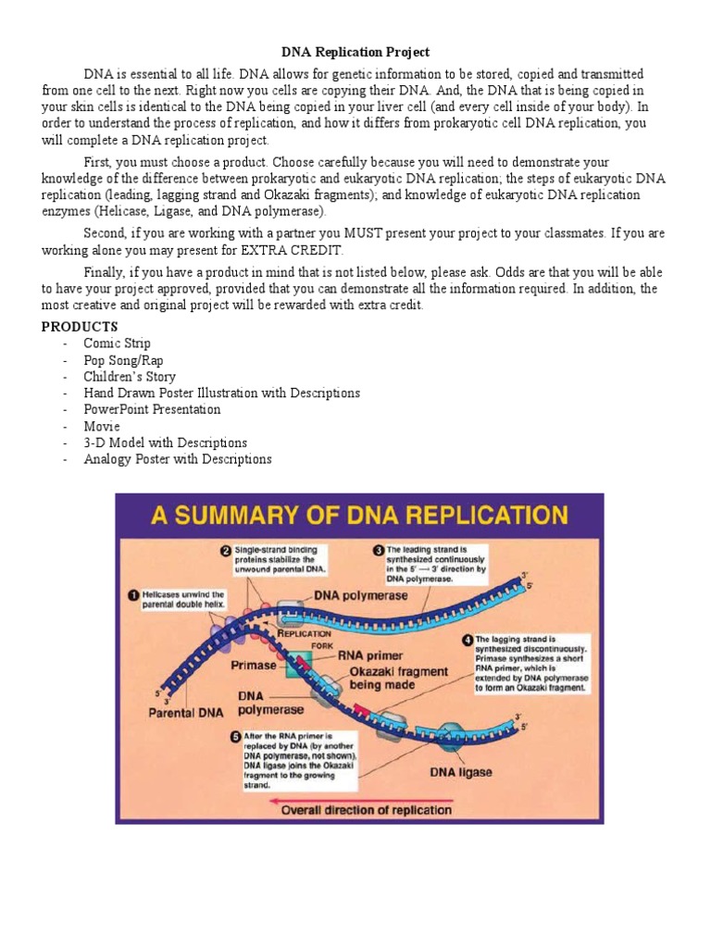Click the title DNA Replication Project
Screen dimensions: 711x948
(355, 53)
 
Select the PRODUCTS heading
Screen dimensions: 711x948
(80, 327)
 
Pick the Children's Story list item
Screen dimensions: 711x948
(129, 377)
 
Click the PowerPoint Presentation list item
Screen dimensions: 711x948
(152, 409)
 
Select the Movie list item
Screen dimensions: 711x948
(102, 426)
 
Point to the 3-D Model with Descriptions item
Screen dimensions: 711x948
(165, 443)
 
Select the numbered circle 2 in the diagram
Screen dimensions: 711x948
(224, 550)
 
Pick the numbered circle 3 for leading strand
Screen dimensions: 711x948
(378, 550)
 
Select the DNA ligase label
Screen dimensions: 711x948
(459, 771)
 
